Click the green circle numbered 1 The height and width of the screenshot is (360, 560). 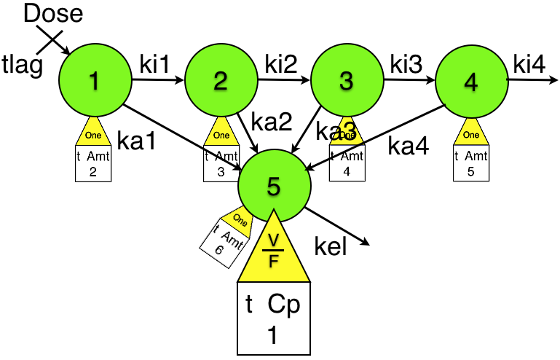pyautogui.click(x=93, y=82)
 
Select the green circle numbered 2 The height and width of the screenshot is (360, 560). pyautogui.click(x=220, y=82)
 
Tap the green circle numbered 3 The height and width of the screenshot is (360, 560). pyautogui.click(x=346, y=82)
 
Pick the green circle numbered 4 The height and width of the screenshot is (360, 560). pyautogui.click(x=470, y=82)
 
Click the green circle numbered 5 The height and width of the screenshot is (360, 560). pyautogui.click(x=273, y=187)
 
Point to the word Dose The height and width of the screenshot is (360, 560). pyautogui.click(x=53, y=13)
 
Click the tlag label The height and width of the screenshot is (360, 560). pyautogui.click(x=23, y=64)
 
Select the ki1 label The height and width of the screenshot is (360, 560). pyautogui.click(x=154, y=64)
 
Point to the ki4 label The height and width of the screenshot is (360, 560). pyautogui.click(x=529, y=63)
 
